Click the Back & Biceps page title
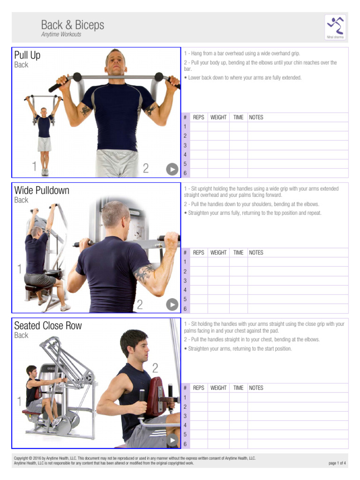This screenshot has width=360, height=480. pyautogui.click(x=73, y=25)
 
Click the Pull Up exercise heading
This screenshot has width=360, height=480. pyautogui.click(x=27, y=55)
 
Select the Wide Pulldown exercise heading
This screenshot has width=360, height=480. pyautogui.click(x=42, y=190)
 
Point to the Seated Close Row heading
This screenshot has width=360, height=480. pyautogui.click(x=48, y=326)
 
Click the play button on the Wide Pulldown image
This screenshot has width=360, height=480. pyautogui.click(x=172, y=305)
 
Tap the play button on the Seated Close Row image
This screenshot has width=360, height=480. pyautogui.click(x=172, y=440)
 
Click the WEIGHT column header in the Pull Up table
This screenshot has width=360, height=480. pyautogui.click(x=218, y=118)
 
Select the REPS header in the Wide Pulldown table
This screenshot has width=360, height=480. pyautogui.click(x=199, y=253)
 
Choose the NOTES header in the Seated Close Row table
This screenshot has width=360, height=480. pyautogui.click(x=256, y=388)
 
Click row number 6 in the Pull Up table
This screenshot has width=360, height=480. pyautogui.click(x=185, y=173)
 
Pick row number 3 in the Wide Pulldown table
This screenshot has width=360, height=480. pyautogui.click(x=185, y=281)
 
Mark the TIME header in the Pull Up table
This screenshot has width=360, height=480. pyautogui.click(x=239, y=118)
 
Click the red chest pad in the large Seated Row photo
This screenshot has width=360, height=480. pyautogui.click(x=155, y=396)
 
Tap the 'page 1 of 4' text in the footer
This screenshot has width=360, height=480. pyautogui.click(x=337, y=464)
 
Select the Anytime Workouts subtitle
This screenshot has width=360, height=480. pyautogui.click(x=61, y=35)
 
